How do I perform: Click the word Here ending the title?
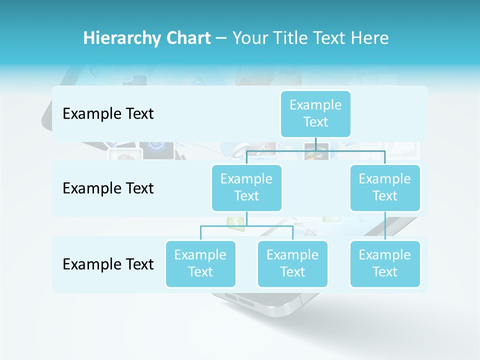(x=370, y=38)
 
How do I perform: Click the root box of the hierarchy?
(x=315, y=113)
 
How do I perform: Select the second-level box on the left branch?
(x=246, y=187)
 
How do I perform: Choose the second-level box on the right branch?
(x=385, y=187)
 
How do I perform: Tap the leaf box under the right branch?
(x=385, y=263)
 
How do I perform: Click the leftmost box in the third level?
(x=200, y=263)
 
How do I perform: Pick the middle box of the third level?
(x=292, y=263)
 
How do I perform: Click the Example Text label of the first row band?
(x=108, y=114)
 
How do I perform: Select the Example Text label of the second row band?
(x=108, y=188)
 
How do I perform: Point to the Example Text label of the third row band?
(x=108, y=264)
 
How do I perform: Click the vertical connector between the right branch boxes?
(x=385, y=226)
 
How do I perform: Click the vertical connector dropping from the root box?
(x=315, y=144)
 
